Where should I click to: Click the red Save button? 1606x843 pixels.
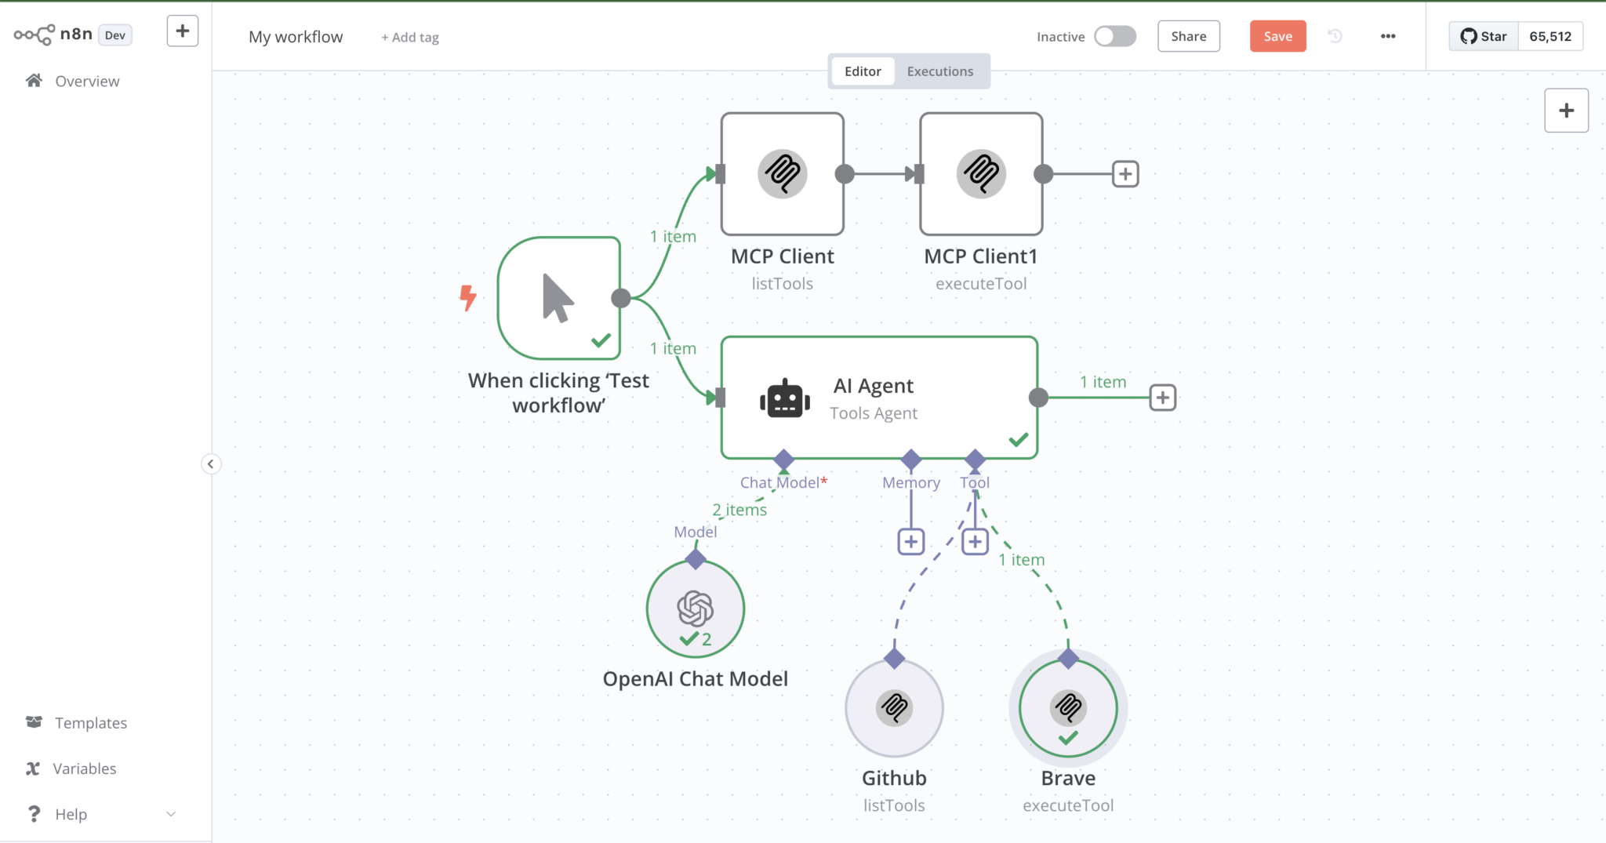1277,36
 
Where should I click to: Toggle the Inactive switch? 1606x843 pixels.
1114,36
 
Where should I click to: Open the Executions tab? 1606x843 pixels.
939,71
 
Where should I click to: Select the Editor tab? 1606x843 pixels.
863,71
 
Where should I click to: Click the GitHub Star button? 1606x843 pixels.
1484,36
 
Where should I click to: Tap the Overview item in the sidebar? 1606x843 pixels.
86,82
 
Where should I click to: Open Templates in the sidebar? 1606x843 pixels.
90,723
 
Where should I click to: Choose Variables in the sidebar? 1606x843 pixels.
84,769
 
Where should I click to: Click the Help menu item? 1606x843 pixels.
71,814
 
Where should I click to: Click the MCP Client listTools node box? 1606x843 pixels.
782,174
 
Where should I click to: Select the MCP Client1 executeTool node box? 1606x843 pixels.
981,174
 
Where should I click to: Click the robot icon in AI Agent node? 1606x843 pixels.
784,399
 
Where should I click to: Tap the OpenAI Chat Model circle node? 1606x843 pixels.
695,609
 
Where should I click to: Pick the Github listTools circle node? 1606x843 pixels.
894,708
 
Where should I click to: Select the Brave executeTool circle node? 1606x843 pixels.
1068,708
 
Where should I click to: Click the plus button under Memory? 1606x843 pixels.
910,542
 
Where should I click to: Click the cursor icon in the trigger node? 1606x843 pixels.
558,298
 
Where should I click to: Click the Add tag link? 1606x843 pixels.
410,38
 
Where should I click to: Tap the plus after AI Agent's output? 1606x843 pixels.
1162,398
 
